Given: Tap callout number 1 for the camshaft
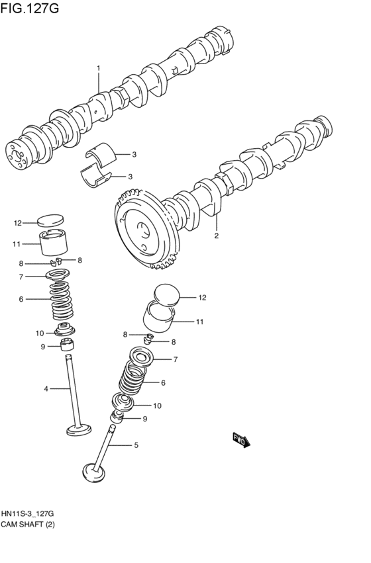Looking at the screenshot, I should (x=98, y=68).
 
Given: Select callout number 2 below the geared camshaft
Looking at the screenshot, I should (x=216, y=235).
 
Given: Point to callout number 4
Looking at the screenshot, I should (x=46, y=388).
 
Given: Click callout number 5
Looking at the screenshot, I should (x=136, y=445).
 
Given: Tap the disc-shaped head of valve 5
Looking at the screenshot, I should (x=93, y=472).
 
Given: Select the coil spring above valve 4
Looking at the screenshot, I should (x=65, y=300).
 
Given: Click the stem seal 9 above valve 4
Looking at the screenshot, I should (x=68, y=345).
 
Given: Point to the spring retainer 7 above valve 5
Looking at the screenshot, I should (x=144, y=357).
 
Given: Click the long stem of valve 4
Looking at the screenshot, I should (x=72, y=390).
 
